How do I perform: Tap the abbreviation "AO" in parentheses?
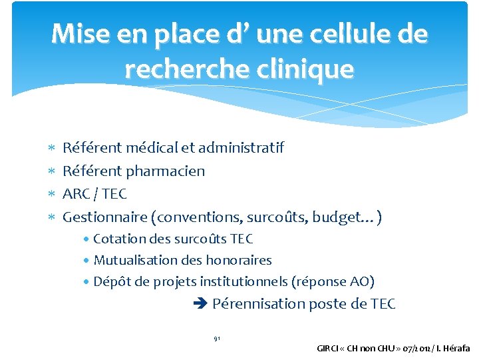point(360,282)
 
